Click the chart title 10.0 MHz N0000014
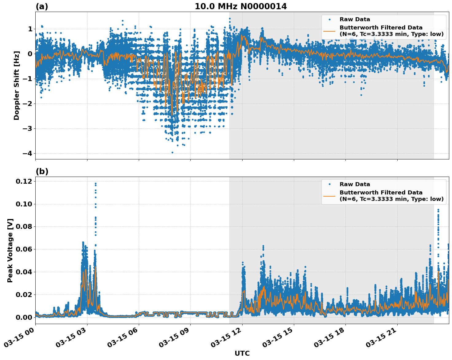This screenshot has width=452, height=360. coord(240,6)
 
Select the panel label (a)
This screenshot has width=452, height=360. coord(42,6)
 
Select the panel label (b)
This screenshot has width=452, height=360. coord(42,171)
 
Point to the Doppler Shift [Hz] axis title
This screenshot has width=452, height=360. coord(17,85)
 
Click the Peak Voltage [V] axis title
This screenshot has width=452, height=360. coord(10,250)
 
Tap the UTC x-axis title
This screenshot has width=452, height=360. coord(242,353)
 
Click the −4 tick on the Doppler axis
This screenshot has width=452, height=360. coord(27,153)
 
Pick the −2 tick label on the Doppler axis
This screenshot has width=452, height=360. coord(27,104)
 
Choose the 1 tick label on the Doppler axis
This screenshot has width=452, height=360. coord(30,29)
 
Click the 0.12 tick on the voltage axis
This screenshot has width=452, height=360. coord(24,181)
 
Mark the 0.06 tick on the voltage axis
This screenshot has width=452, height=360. coord(24,249)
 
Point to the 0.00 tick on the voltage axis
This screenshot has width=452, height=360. coord(24,317)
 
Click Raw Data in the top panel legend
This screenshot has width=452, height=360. coord(355,19)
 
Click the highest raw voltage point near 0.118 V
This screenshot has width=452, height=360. coord(95,184)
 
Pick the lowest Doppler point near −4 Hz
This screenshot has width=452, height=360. coord(172,152)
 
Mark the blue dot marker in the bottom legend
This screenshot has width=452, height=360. coord(329,184)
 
